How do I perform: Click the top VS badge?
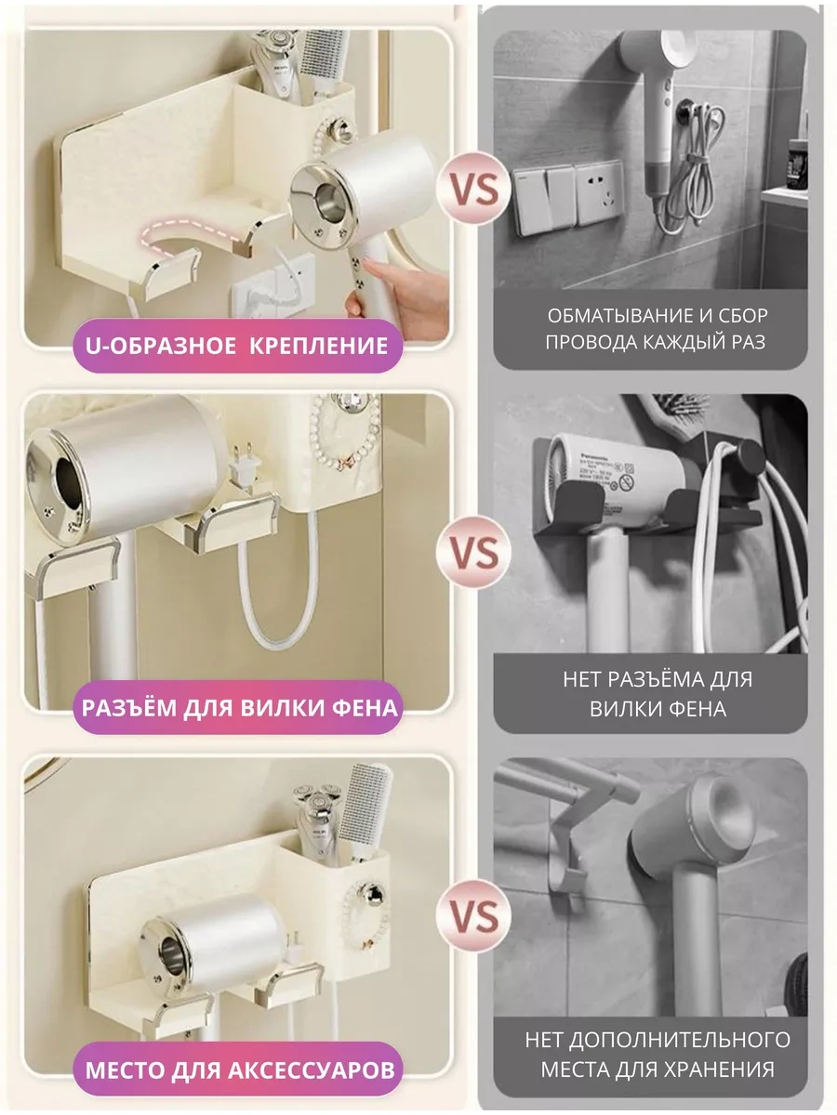click(473, 189)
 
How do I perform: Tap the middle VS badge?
click(473, 552)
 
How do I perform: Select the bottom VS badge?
click(473, 916)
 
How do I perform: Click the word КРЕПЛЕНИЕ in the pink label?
click(319, 346)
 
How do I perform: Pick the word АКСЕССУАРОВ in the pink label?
click(311, 1070)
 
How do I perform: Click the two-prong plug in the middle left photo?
click(245, 466)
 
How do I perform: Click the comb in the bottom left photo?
click(365, 809)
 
